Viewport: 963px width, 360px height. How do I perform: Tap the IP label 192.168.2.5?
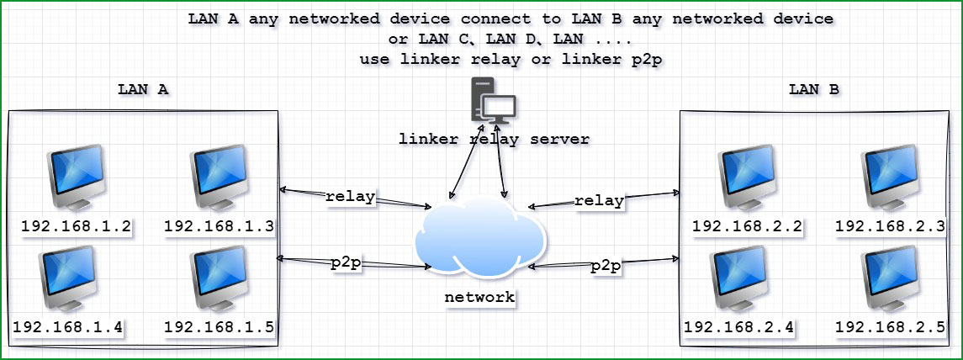click(x=889, y=326)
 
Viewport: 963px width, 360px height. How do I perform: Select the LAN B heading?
click(x=813, y=88)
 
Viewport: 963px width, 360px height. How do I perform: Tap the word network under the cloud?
click(x=479, y=297)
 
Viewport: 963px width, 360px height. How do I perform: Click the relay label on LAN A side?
click(x=350, y=198)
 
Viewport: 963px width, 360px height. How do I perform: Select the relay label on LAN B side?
click(x=599, y=201)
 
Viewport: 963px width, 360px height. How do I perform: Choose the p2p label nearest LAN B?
click(x=606, y=266)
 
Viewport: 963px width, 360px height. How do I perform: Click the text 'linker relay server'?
click(x=494, y=138)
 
